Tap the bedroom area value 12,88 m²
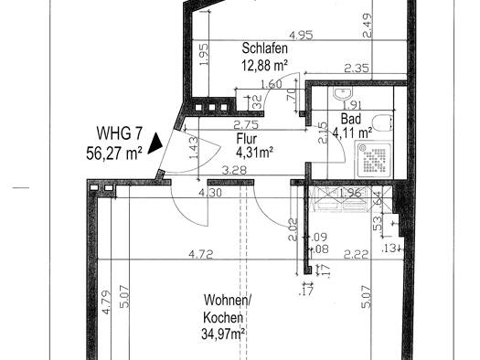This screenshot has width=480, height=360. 266,65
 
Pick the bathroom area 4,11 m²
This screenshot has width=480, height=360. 352,133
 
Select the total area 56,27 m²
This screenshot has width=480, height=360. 113,154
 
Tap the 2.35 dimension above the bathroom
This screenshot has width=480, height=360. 357,68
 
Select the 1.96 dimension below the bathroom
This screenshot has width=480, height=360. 351,194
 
